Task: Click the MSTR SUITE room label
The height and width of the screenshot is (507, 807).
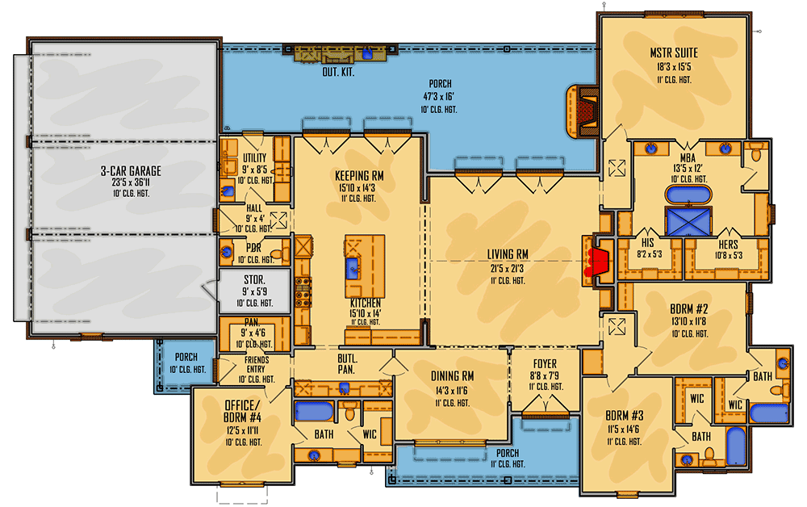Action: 674,53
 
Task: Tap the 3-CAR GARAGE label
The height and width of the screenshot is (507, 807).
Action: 131,171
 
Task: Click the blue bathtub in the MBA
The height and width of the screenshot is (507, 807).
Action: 688,195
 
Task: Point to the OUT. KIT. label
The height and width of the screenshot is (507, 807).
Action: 338,72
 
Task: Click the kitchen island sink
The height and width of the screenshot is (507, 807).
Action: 353,268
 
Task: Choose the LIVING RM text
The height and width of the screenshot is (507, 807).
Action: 508,254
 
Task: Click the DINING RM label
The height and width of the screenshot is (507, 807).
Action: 453,377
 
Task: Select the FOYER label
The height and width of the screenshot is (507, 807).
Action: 545,364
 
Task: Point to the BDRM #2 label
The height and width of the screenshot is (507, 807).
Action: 688,309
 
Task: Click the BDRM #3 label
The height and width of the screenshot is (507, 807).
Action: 625,416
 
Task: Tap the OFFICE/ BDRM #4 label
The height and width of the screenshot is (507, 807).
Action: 242,411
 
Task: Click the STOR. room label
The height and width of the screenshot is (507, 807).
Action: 254,280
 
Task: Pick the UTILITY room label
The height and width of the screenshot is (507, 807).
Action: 255,158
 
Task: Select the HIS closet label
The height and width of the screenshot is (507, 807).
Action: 648,242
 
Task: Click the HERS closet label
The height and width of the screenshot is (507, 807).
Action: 728,245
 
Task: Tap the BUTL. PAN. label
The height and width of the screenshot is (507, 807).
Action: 347,364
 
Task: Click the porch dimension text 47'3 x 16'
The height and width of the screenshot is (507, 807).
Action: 439,96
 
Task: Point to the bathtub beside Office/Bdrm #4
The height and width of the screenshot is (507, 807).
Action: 314,412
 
